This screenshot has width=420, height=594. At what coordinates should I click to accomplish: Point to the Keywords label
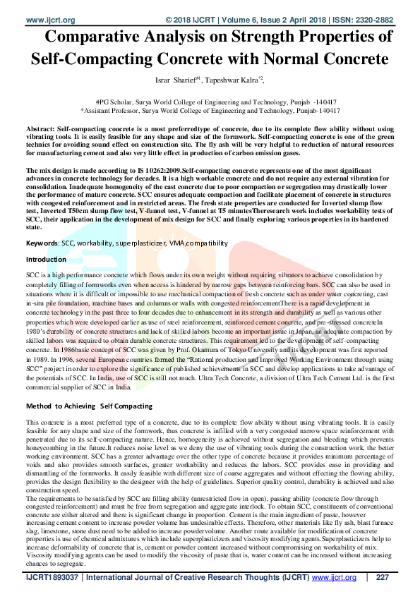(42, 243)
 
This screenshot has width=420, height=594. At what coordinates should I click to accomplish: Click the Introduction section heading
(46, 260)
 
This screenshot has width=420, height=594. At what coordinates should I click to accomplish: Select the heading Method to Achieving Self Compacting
(89, 406)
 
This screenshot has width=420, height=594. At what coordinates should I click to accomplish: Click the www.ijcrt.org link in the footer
(334, 578)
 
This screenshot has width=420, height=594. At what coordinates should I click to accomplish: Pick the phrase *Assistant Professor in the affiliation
(112, 111)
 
